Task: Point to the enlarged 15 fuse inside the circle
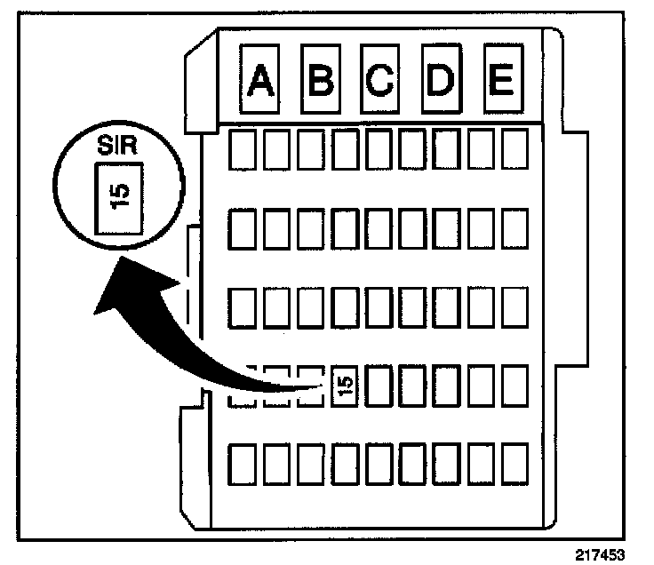121,195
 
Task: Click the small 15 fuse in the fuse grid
346,385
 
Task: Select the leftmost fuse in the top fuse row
242,151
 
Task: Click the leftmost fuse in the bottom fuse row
242,464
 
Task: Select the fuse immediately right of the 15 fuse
379,385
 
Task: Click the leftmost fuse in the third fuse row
242,307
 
